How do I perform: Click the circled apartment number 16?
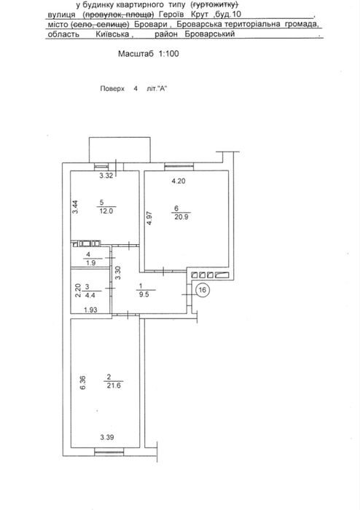coord(203,290)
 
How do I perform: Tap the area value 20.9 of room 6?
coord(181,217)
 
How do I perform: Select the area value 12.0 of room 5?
coord(106,211)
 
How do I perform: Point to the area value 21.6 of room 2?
coord(114,385)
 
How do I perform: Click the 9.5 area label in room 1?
coord(144,295)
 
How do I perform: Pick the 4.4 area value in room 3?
coord(90,296)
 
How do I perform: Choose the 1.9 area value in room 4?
coord(91,263)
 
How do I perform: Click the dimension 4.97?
coord(149,218)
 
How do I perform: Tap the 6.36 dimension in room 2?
coord(82,382)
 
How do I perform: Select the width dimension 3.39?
coord(107,437)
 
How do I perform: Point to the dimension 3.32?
coord(106,176)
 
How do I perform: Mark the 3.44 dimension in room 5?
coord(75,206)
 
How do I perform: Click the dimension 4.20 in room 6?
coord(179,181)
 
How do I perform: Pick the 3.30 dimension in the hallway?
coord(118,272)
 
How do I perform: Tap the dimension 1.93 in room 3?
coord(91,310)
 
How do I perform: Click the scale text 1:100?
coord(169,53)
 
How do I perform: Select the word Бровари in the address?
coord(154,24)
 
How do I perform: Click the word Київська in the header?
coord(112,34)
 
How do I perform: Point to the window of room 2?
coord(109,451)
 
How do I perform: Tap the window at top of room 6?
coord(179,167)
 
